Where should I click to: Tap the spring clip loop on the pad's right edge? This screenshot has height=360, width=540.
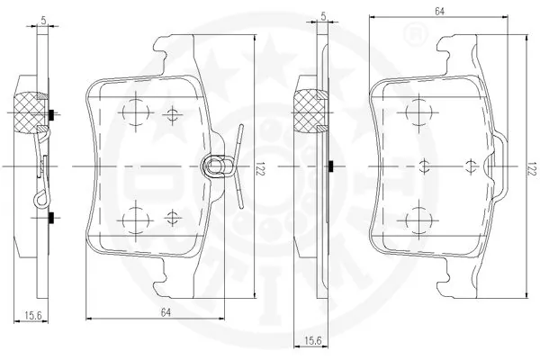[x=217, y=166]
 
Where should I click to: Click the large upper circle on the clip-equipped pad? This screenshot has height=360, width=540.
[x=134, y=112]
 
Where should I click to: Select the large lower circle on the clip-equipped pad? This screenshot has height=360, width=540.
[x=134, y=217]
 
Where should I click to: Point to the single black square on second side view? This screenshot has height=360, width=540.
[x=332, y=166]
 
